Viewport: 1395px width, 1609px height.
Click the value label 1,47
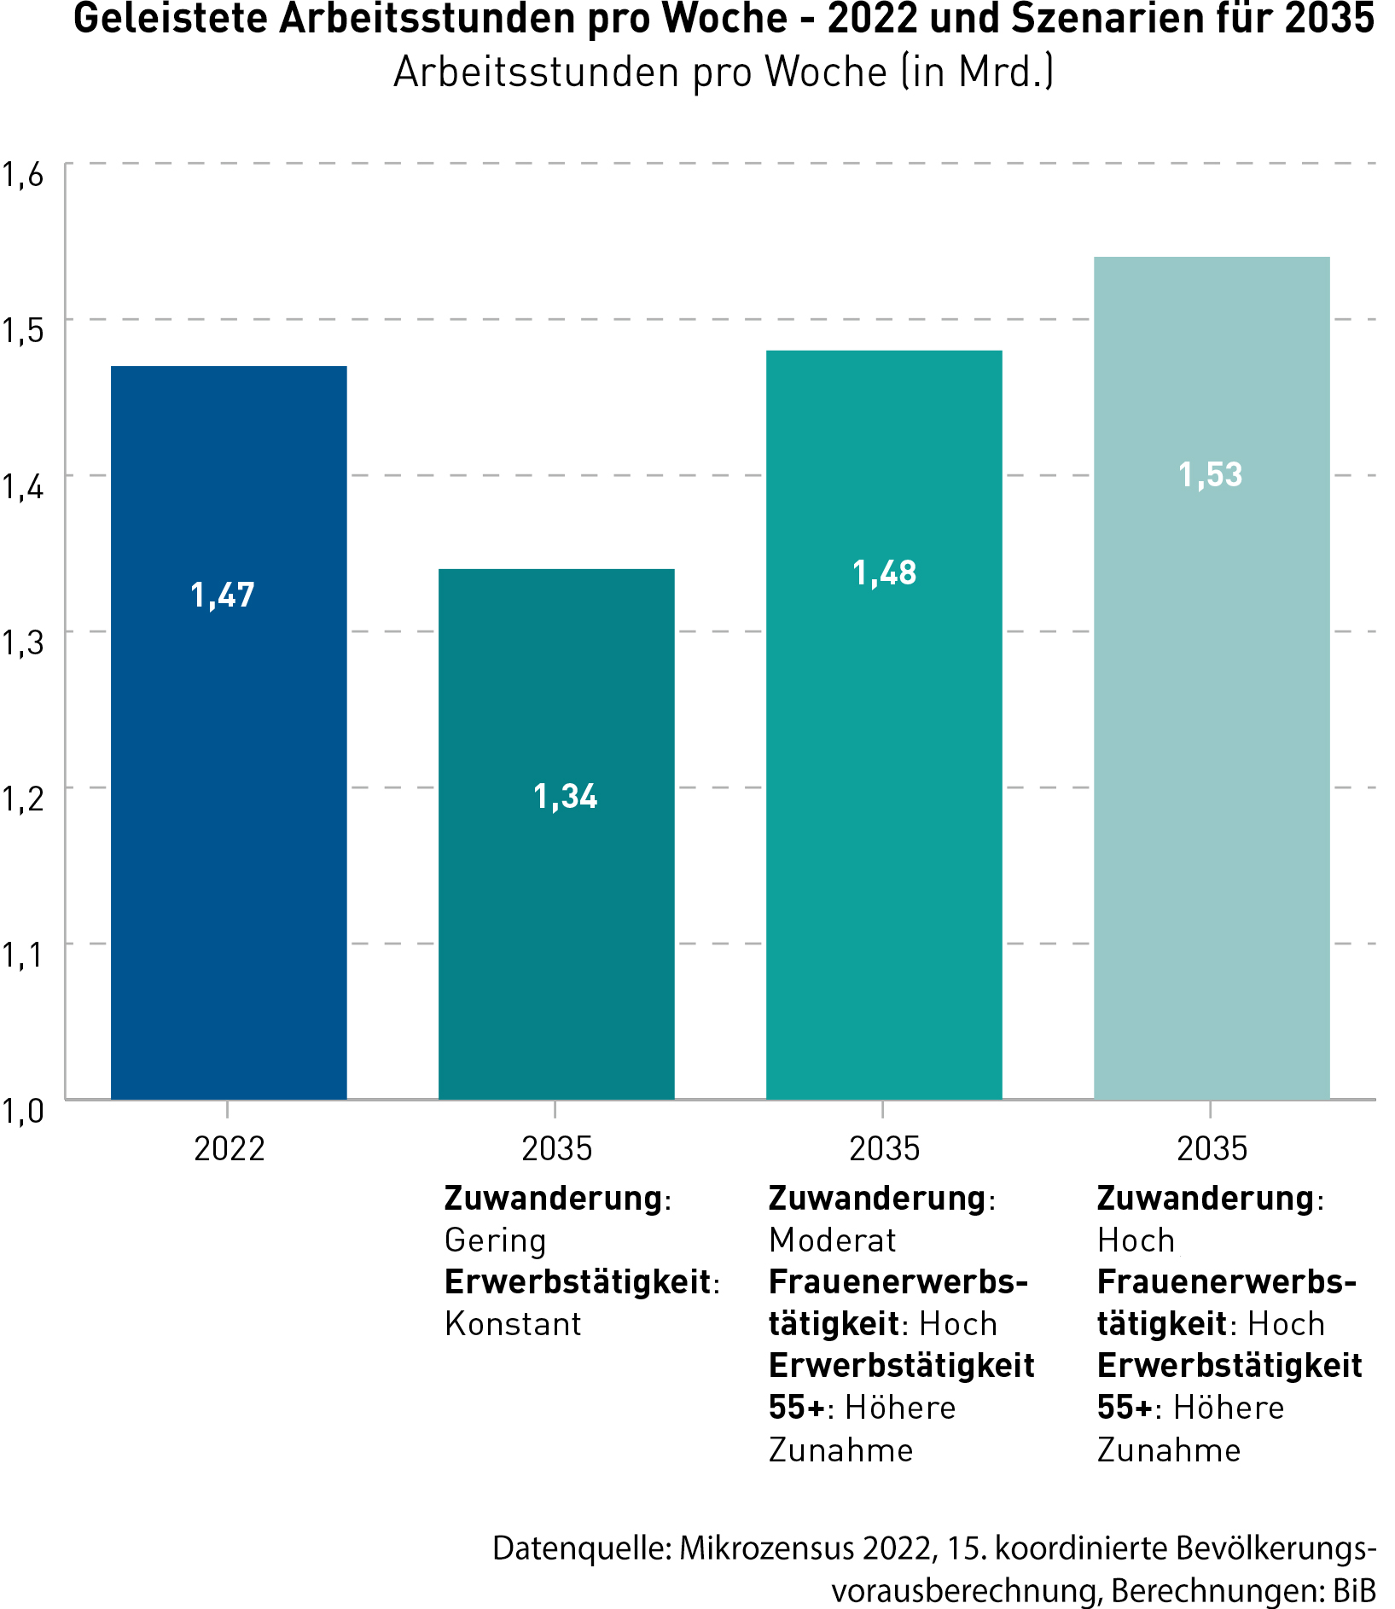point(223,595)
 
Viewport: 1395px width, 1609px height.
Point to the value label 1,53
point(1210,475)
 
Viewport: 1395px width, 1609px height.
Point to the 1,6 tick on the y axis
point(22,175)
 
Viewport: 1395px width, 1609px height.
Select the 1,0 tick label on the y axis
point(22,1112)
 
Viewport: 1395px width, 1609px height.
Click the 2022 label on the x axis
point(229,1149)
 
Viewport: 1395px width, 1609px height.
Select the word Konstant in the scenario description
point(513,1324)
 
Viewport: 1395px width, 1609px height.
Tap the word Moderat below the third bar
point(832,1240)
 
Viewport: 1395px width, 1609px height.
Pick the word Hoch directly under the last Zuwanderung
point(1136,1240)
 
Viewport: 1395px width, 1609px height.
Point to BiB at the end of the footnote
point(1354,1590)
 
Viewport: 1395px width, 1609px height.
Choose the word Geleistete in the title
point(171,19)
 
